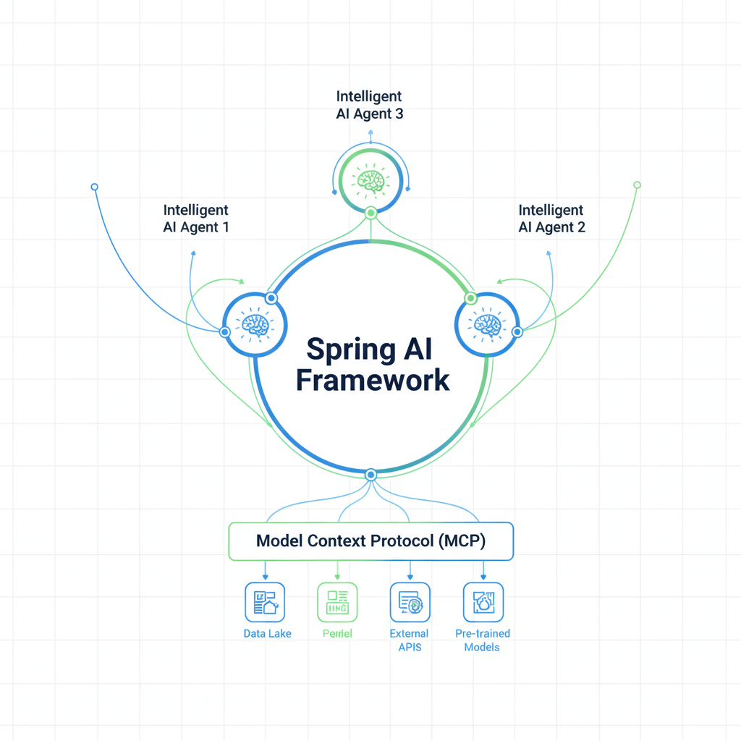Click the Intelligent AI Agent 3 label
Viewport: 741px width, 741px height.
pos(369,105)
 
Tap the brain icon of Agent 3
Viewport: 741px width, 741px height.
pos(371,180)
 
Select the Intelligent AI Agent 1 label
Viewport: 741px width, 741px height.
pos(196,219)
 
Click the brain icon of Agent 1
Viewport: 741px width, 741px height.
pos(255,325)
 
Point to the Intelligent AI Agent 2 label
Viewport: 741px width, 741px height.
pos(551,219)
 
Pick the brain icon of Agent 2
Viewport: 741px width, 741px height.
pos(487,325)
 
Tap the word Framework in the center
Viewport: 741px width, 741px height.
pos(373,380)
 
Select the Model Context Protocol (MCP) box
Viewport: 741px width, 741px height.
pos(370,541)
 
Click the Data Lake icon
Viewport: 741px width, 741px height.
pos(266,601)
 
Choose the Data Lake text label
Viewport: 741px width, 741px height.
pos(268,634)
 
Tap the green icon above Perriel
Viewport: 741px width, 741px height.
pos(338,601)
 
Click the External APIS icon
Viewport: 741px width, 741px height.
pos(410,601)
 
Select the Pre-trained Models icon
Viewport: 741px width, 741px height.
pos(483,601)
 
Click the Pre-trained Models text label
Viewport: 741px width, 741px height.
pos(483,640)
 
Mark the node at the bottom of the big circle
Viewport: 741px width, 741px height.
pos(370,475)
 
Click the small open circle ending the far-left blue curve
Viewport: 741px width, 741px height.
pos(94,187)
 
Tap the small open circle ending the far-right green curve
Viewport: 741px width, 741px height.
pos(637,185)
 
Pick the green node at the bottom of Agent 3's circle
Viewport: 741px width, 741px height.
pos(370,213)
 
